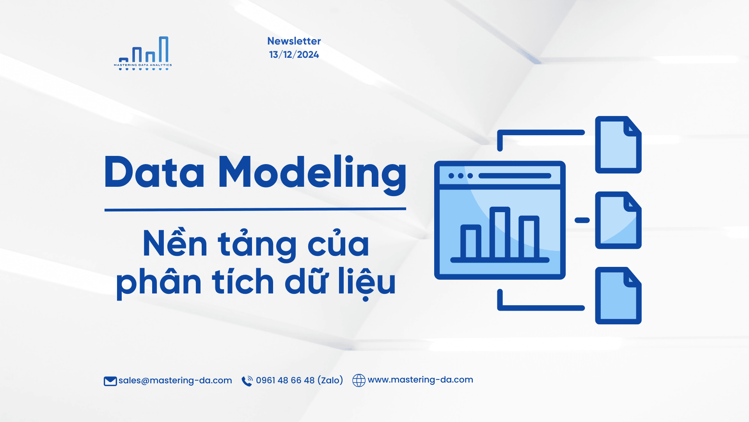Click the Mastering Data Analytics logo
[x=143, y=54]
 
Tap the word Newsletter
[x=294, y=41]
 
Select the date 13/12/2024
[x=294, y=55]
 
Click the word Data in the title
[x=154, y=172]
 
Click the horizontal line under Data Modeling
[x=255, y=209]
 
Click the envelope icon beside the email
[x=110, y=381]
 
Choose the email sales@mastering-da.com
[x=175, y=380]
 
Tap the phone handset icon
[x=247, y=381]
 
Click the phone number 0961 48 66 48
[x=285, y=380]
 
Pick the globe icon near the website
[x=359, y=380]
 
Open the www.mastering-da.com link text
[x=421, y=379]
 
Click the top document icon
[x=618, y=145]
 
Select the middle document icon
[x=618, y=220]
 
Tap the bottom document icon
[x=618, y=295]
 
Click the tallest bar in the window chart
[x=500, y=233]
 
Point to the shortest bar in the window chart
[x=471, y=242]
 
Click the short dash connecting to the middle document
[x=582, y=220]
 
